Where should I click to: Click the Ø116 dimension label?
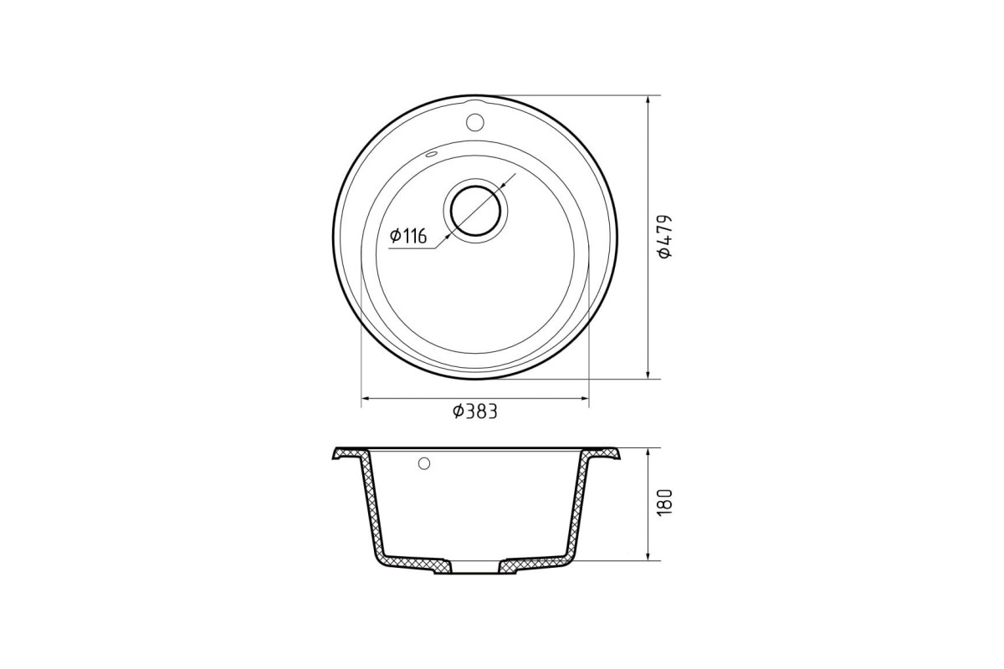[408, 236]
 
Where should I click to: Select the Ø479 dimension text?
[664, 237]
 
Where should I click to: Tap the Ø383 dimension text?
[475, 411]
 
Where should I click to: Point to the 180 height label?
[665, 502]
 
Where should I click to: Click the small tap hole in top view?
[474, 122]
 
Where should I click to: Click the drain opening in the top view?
[475, 211]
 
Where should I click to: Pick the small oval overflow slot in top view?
[431, 155]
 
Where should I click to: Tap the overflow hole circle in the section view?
[424, 463]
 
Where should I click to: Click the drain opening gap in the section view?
[475, 566]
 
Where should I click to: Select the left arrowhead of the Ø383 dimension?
[366, 398]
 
